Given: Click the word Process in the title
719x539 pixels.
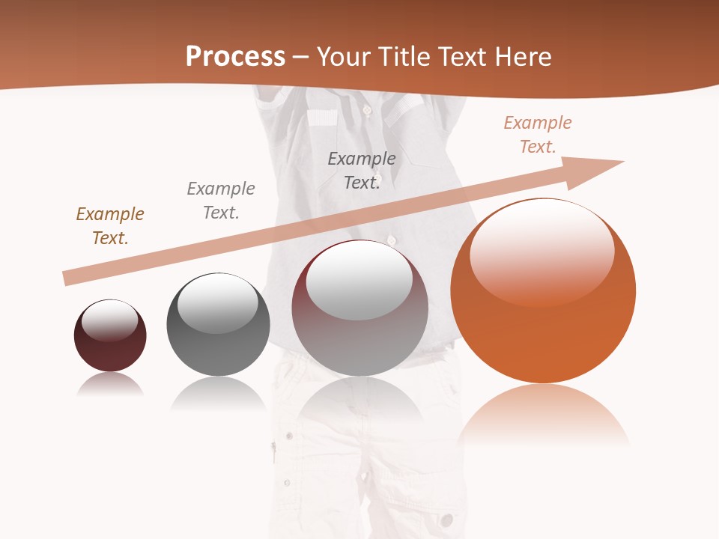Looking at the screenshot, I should [235, 57].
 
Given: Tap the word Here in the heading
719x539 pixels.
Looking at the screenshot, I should [523, 57].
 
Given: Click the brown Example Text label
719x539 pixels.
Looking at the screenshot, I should [110, 226].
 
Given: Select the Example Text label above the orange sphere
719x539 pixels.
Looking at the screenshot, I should [538, 135].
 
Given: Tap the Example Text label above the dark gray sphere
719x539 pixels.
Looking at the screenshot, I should [221, 201].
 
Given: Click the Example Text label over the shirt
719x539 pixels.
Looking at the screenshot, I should [362, 171].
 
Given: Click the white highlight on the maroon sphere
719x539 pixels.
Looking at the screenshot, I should [109, 320].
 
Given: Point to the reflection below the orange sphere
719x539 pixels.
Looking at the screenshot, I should [544, 415].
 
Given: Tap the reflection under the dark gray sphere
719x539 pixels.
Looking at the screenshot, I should [218, 393].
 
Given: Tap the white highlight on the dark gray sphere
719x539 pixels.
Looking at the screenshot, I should [217, 303].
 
